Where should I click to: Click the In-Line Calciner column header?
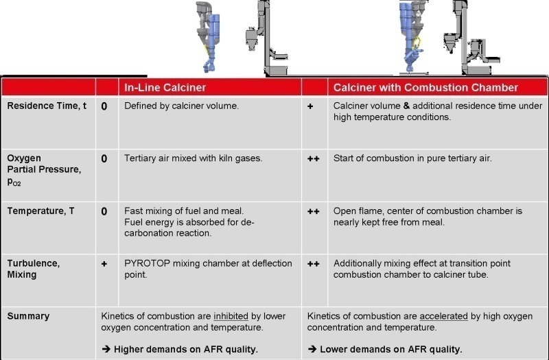coord(165,88)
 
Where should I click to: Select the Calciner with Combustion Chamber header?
coord(425,88)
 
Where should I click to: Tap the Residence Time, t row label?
coord(47,106)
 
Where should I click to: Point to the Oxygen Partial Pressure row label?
coord(44,169)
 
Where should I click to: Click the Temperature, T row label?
coord(40,211)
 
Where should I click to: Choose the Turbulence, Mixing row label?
coord(33,269)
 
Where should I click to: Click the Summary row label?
coord(28,316)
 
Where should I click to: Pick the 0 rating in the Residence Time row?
coord(104,106)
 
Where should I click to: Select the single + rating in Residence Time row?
coord(310,106)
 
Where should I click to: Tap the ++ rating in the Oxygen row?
coord(314,159)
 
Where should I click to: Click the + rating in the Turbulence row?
coord(104,264)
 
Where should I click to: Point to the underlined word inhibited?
coord(231,316)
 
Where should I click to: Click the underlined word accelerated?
coord(443,316)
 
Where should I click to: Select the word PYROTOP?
coord(147,263)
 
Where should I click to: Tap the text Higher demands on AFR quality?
coord(186,349)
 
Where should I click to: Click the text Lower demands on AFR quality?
coord(391,349)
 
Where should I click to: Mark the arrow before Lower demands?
coord(312,349)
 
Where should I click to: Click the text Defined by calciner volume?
coord(181,106)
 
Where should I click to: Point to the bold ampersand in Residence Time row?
coord(406,106)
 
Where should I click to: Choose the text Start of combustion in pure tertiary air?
coord(412,158)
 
